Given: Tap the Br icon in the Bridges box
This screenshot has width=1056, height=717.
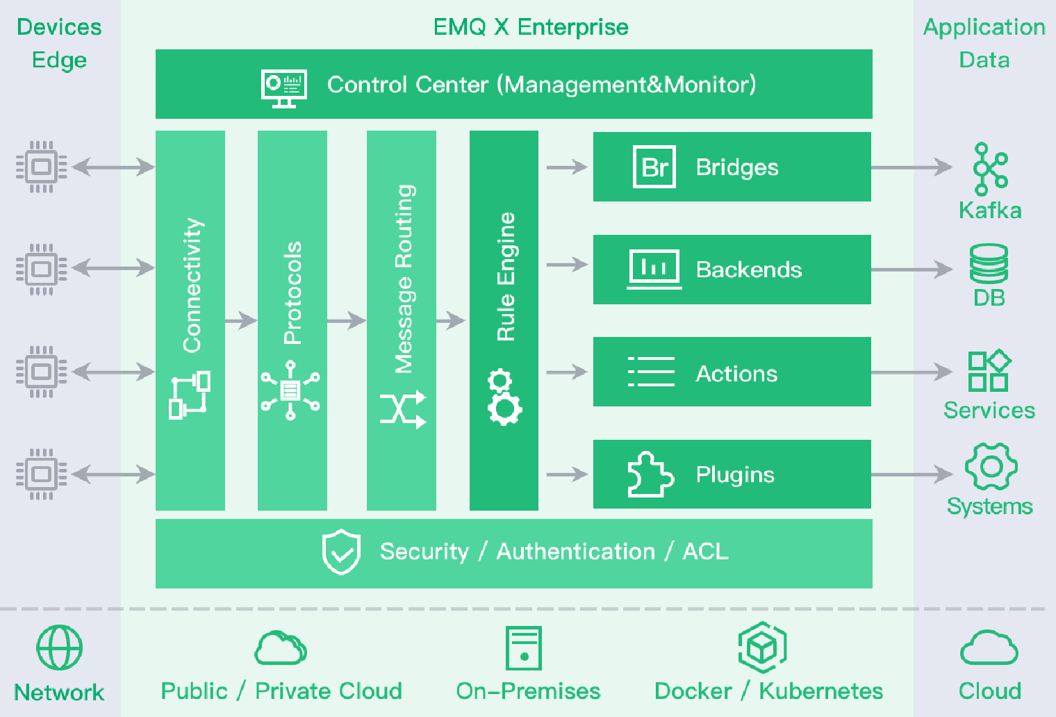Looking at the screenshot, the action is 654,167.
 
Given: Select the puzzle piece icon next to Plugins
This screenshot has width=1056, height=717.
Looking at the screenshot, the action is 650,475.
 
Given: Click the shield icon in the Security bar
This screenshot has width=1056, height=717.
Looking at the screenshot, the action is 341,552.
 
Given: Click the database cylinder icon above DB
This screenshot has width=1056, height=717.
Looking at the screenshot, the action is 989,264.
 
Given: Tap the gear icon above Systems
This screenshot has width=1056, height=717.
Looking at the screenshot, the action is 991,467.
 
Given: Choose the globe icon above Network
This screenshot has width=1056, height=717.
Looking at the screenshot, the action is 60,648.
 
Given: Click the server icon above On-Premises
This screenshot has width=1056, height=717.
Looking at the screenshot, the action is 523,648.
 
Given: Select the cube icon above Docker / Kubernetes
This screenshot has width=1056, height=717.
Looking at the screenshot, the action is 762,648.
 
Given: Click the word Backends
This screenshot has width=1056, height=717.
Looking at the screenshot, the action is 749,270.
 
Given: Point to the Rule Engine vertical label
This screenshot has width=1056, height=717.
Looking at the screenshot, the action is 506,277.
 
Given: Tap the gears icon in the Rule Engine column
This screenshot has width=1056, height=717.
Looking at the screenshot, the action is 504,397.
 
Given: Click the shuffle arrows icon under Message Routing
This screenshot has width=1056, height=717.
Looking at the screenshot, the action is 403,409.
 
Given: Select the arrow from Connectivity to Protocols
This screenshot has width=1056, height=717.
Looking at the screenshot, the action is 241,320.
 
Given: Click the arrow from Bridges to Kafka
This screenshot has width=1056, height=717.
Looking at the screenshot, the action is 911,167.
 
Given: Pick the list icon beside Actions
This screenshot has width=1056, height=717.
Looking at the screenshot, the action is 651,372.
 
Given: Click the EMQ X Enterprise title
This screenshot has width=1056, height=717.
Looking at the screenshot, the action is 531,27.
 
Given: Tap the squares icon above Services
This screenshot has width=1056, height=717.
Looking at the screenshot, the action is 989,371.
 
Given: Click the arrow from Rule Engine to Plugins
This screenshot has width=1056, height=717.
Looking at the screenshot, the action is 567,475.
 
